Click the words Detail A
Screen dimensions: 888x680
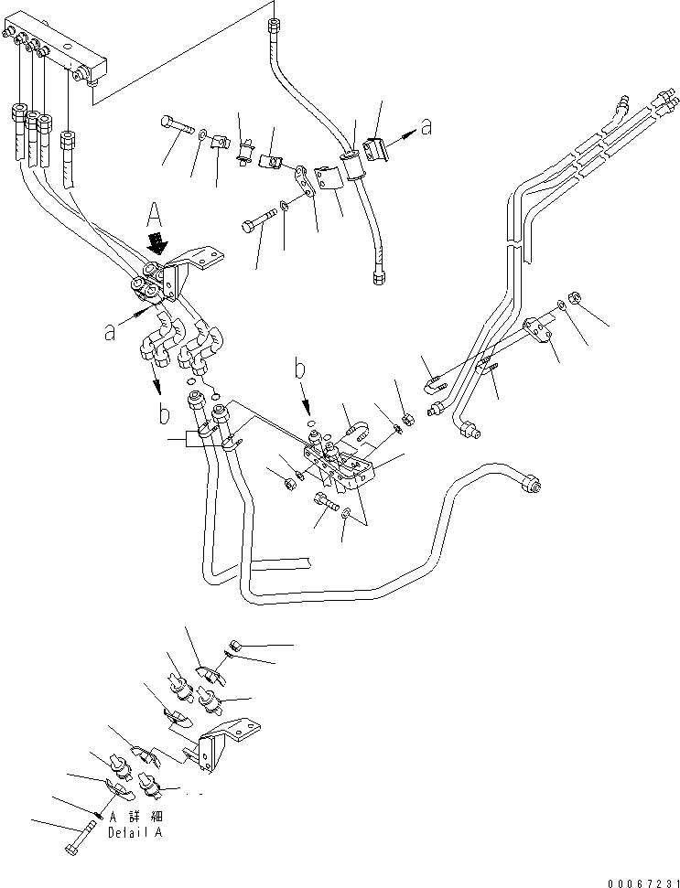pyautogui.click(x=137, y=833)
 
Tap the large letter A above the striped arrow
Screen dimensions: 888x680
pyautogui.click(x=154, y=216)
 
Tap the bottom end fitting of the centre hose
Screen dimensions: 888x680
pyautogui.click(x=377, y=273)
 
